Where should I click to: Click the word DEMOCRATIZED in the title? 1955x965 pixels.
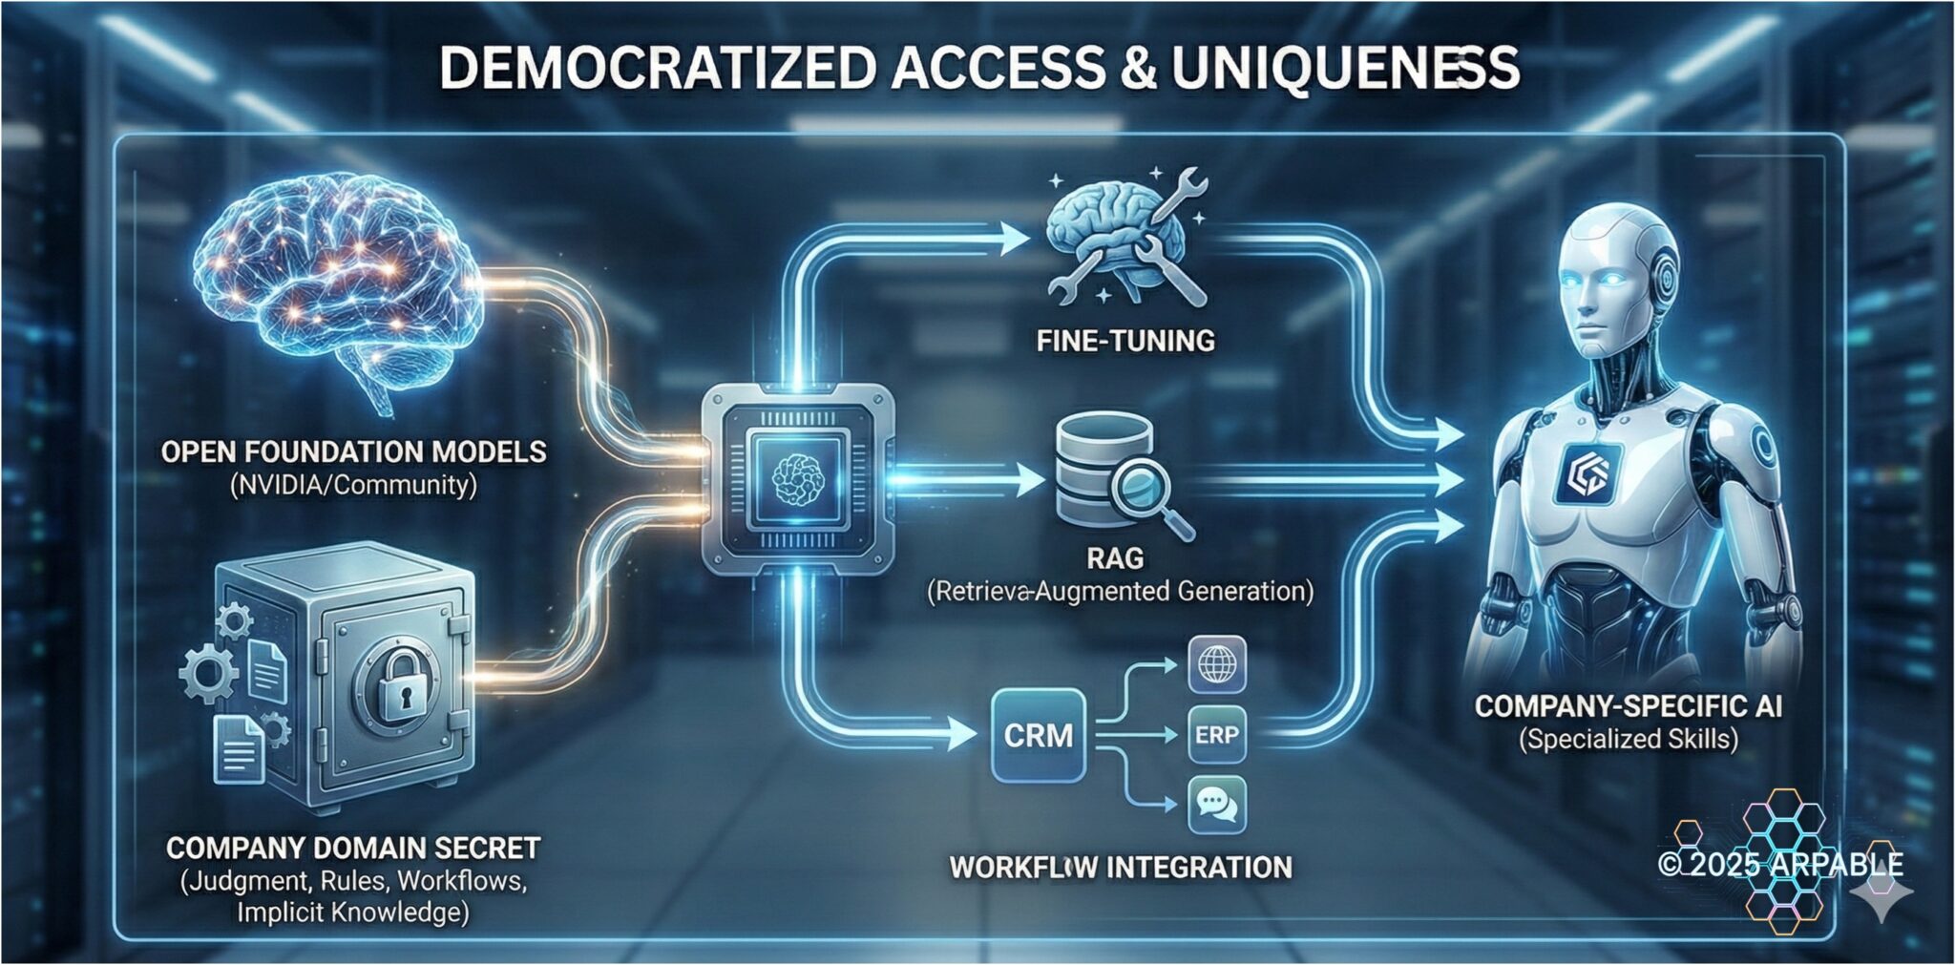click(657, 69)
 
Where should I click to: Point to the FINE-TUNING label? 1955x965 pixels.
click(1125, 341)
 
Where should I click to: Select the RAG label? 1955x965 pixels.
click(1115, 557)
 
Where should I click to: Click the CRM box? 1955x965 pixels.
click(1039, 735)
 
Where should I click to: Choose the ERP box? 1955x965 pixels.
click(1217, 735)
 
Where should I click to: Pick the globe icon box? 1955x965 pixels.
click(1217, 664)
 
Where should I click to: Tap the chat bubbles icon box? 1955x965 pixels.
click(1217, 805)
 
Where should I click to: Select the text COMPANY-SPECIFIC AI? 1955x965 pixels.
click(1629, 706)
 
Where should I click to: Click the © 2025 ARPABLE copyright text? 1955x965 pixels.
click(1781, 865)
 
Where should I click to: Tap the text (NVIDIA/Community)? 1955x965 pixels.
click(353, 485)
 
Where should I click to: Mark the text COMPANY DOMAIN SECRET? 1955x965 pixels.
click(353, 848)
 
